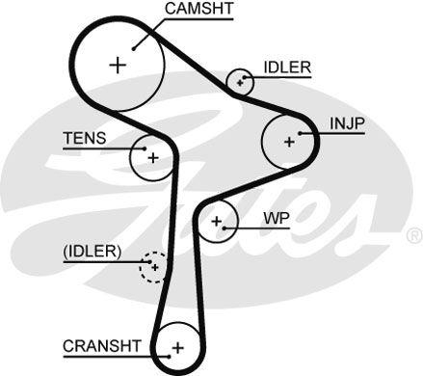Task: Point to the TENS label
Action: [84, 138]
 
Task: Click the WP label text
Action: [277, 218]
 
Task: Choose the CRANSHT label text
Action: [102, 344]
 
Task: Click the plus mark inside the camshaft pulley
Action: [118, 66]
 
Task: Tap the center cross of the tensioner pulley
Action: [152, 155]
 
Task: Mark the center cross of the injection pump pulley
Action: [288, 141]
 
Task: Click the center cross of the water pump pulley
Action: [217, 224]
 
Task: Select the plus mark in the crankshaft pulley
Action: [176, 347]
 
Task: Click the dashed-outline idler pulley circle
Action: [152, 266]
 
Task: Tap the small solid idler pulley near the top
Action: [238, 83]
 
